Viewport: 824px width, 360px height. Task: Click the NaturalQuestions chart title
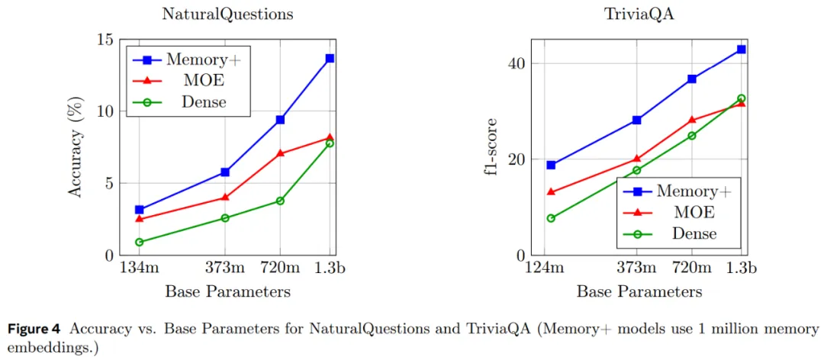click(227, 14)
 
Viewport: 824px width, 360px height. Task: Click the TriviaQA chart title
click(639, 14)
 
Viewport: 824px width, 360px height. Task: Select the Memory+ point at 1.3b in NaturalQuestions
click(330, 58)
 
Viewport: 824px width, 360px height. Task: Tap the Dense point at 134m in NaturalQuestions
click(139, 242)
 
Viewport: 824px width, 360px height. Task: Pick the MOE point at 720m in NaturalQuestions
click(280, 153)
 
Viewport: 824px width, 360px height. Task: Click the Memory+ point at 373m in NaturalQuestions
click(225, 172)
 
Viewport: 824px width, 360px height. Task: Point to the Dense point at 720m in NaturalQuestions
click(280, 201)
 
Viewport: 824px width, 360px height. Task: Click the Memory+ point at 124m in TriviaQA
click(551, 165)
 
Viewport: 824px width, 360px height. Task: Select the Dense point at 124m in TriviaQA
click(551, 218)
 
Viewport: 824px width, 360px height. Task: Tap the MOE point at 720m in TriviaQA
click(692, 120)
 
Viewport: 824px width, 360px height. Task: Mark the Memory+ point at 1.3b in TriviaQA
click(741, 49)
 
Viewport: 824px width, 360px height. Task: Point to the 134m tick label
click(139, 268)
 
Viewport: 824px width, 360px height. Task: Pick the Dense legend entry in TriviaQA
click(694, 233)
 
